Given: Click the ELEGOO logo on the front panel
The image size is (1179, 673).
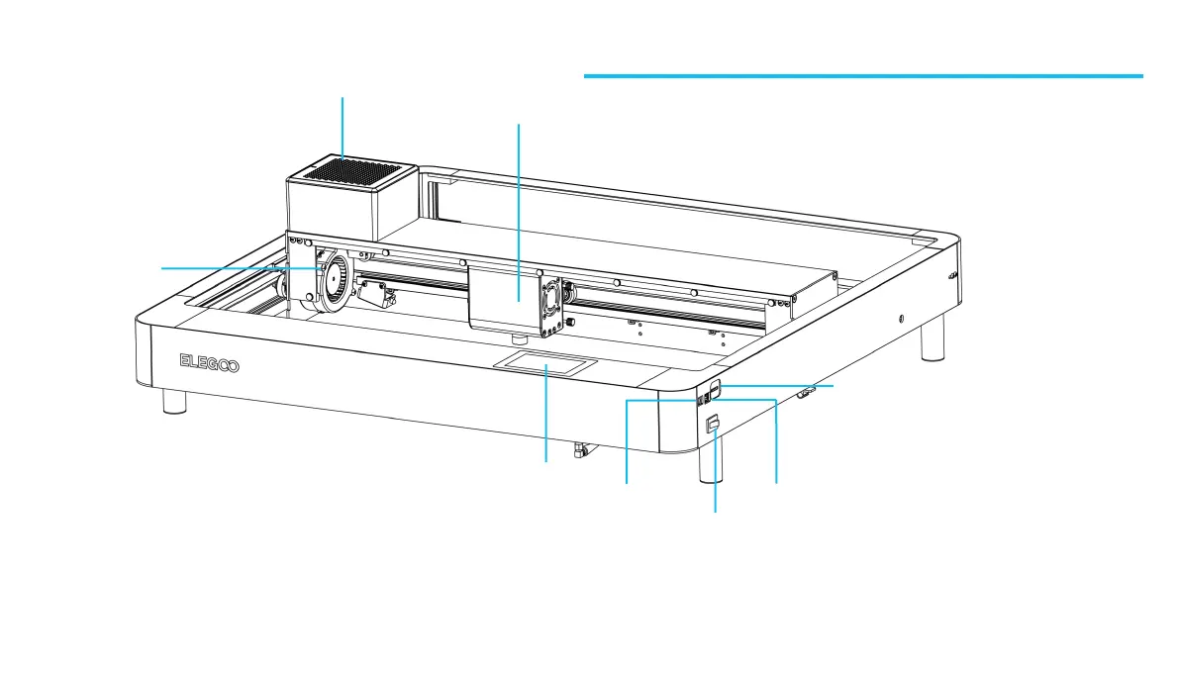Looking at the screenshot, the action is pyautogui.click(x=208, y=363).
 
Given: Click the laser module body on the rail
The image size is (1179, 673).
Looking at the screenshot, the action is pyautogui.click(x=501, y=297).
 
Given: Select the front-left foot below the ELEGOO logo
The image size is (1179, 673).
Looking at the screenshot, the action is pyautogui.click(x=174, y=401).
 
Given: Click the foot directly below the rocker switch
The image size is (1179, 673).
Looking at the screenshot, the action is pyautogui.click(x=709, y=467).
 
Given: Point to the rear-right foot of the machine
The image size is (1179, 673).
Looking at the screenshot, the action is pyautogui.click(x=933, y=342).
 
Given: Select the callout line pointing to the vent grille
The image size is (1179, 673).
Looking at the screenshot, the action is pyautogui.click(x=343, y=125).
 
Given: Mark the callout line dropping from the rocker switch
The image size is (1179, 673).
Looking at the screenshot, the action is pyautogui.click(x=715, y=475).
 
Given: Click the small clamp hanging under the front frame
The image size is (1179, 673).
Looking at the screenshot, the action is pyautogui.click(x=578, y=451).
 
